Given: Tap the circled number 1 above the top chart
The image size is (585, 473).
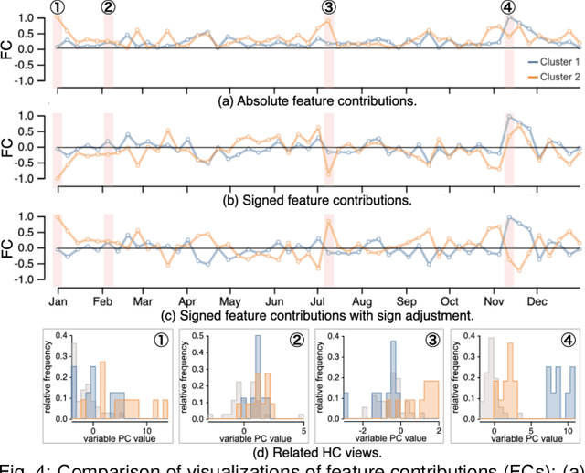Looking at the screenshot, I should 57,7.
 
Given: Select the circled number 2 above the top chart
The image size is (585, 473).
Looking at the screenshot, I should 108,7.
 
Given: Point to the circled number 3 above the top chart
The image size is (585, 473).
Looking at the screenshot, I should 329,7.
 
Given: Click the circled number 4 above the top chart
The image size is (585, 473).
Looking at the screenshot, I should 508,7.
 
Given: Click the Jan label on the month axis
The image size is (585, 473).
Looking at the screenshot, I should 57,300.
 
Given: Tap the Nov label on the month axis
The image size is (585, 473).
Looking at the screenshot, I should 493,300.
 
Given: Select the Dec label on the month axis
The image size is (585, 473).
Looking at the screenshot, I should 537,300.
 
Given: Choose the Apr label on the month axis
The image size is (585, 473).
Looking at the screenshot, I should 186,300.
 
